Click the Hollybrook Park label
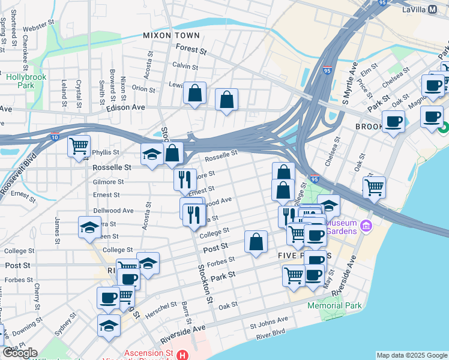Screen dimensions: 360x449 click(20, 81)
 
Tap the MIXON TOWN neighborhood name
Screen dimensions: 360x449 click(172, 35)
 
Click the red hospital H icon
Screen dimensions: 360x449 click(183, 355)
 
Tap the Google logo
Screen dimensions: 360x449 click(20, 352)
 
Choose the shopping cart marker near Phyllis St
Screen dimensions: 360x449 click(79, 146)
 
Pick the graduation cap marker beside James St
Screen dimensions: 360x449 click(89, 227)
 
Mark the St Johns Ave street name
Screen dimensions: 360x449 click(266, 326)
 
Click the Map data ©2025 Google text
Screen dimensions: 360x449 click(412, 355)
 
